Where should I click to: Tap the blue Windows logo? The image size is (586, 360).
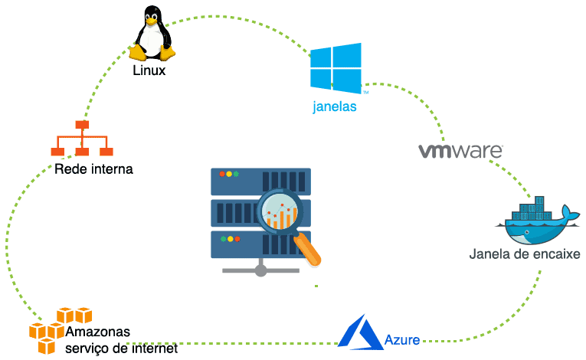click(336, 67)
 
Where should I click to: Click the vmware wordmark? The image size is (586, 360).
click(460, 150)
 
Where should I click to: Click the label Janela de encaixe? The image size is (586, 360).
click(525, 254)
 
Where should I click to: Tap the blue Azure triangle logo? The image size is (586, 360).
click(360, 332)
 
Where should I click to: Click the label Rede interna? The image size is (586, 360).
click(93, 169)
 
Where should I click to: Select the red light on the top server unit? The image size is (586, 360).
click(222, 175)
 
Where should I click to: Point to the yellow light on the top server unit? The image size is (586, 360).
click(230, 175)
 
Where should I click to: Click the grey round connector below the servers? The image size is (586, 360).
click(260, 270)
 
